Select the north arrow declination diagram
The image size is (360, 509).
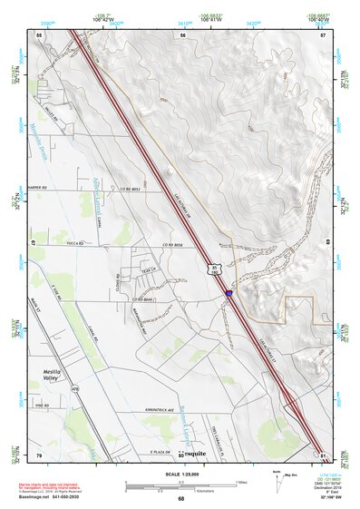click(x=277, y=481)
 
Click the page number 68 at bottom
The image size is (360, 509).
click(x=180, y=500)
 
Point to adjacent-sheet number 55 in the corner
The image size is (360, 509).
click(x=39, y=34)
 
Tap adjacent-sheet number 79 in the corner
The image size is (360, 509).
click(x=39, y=454)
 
